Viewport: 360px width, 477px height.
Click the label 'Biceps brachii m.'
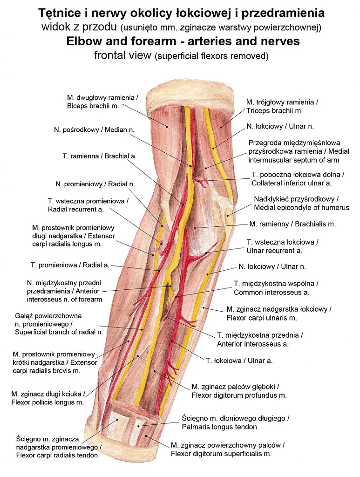[x=93, y=106]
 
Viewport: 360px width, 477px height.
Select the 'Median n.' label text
[x=94, y=129]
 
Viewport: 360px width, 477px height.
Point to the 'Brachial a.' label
[x=100, y=156]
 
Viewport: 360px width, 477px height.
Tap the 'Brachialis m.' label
[x=292, y=224]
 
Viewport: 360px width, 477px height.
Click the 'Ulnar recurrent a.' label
[x=274, y=251]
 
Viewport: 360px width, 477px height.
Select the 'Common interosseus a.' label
[x=272, y=293]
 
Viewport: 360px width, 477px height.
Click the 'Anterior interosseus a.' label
[x=252, y=344]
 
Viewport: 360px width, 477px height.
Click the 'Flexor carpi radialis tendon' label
[x=57, y=455]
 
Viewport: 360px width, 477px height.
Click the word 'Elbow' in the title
[x=84, y=41]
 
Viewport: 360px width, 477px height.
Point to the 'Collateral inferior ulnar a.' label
[x=299, y=183]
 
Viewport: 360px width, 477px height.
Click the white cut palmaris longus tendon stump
[x=140, y=427]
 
